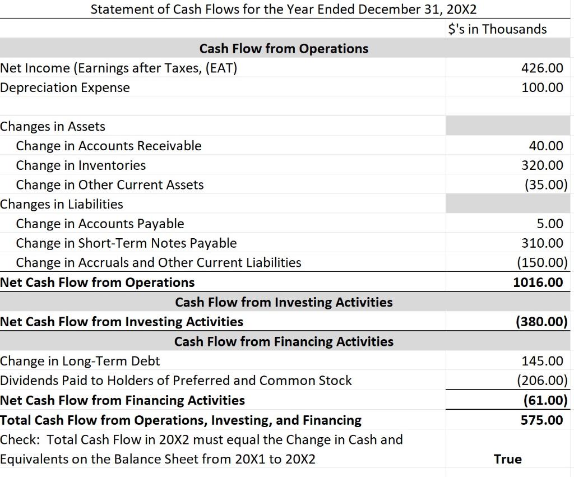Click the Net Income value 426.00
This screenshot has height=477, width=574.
[x=541, y=68]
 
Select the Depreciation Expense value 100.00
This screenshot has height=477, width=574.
[x=541, y=88]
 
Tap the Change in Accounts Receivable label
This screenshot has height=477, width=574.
[x=109, y=146]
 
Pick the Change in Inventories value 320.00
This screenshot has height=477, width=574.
[x=541, y=165]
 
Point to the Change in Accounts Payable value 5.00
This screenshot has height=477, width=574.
[x=549, y=224]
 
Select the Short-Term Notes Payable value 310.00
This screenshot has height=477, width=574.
[x=541, y=243]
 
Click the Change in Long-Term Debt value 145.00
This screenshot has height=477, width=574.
[x=541, y=361]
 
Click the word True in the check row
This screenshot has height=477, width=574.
[x=508, y=459]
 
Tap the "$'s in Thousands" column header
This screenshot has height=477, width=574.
[x=498, y=29]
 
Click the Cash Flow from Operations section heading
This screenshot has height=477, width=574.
[x=284, y=49]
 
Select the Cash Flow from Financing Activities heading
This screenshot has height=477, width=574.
[x=284, y=341]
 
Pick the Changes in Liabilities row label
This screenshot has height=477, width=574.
[x=62, y=204]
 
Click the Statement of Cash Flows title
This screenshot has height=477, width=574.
[x=284, y=10]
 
